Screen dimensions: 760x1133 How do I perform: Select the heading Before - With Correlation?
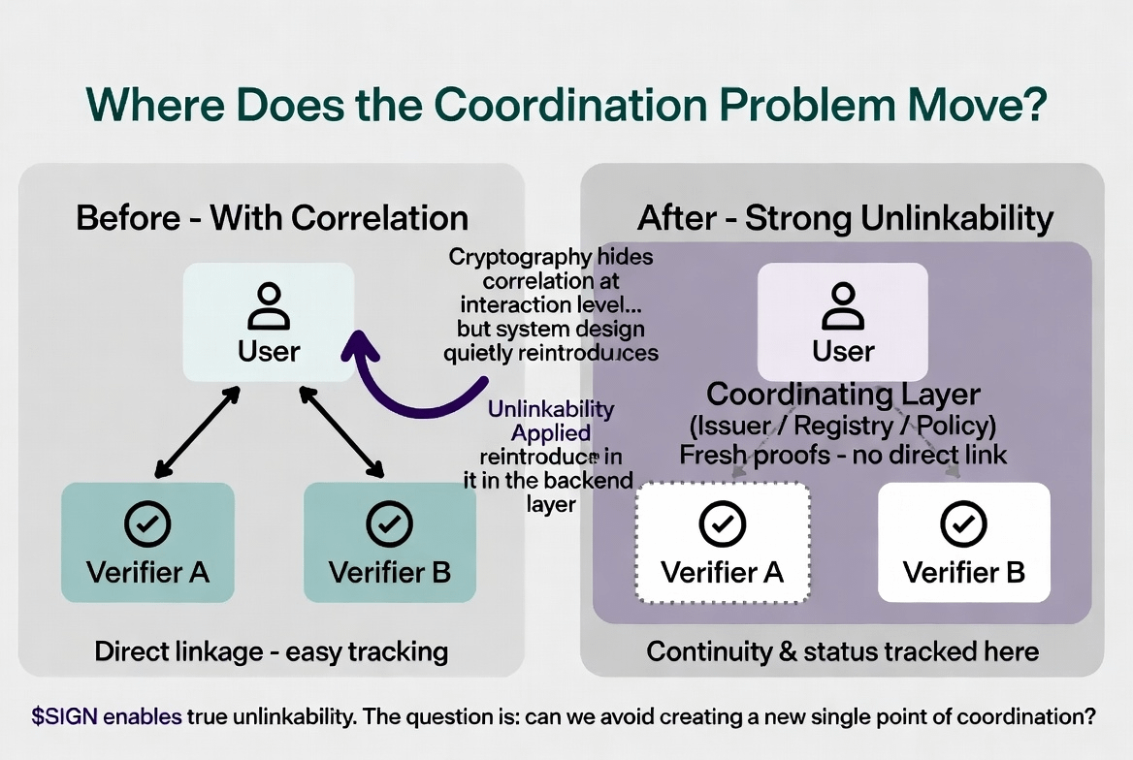tap(272, 217)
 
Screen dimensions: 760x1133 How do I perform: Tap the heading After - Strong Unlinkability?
tap(845, 218)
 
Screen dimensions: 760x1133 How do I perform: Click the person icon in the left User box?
tap(269, 305)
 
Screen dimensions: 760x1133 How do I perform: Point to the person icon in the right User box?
tap(842, 305)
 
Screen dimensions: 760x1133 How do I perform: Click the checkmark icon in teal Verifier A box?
tap(147, 524)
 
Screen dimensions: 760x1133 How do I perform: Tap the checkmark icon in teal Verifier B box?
tap(390, 524)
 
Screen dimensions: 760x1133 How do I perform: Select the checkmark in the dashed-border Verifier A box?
tap(722, 525)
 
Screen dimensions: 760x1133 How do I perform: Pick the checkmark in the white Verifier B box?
tap(963, 525)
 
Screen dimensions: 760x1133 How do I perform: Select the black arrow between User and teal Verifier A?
tap(197, 431)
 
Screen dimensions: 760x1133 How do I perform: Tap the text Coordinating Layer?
tap(843, 395)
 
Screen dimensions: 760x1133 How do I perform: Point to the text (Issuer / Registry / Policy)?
tap(843, 426)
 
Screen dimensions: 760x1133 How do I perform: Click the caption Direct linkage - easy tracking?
tap(271, 650)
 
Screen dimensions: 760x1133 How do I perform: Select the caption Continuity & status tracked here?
tap(842, 650)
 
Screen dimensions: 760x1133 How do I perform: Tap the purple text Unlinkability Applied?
tap(551, 421)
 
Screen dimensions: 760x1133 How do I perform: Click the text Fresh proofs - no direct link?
tap(843, 454)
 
